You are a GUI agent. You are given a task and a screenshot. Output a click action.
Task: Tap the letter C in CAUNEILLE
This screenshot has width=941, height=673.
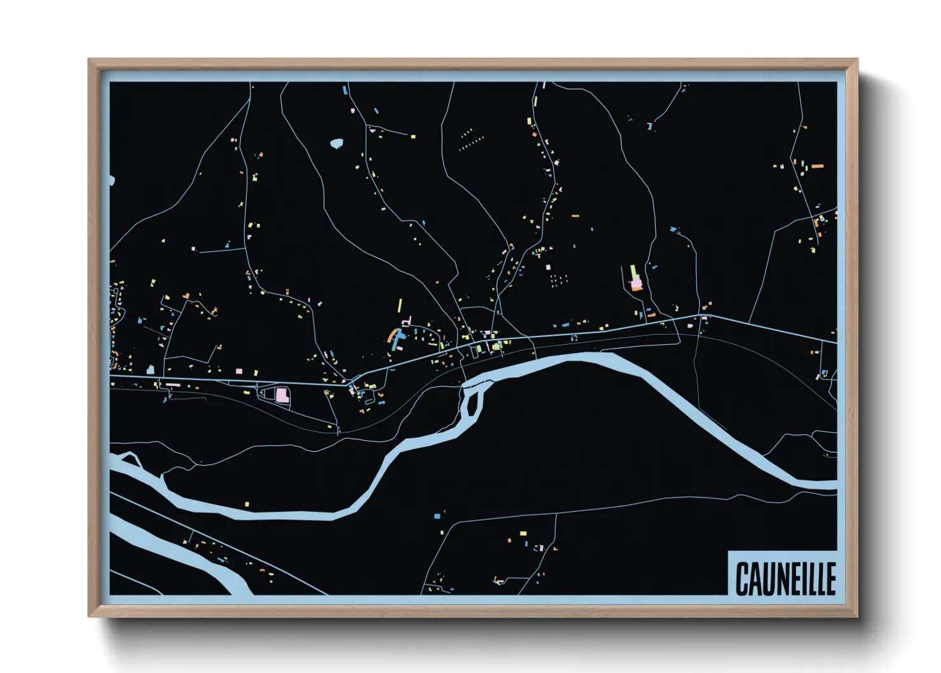pos(742,579)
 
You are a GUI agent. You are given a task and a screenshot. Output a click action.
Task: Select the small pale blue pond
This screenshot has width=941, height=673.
pos(336,144)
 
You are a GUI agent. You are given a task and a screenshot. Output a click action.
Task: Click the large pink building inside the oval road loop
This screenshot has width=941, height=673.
pos(282,395)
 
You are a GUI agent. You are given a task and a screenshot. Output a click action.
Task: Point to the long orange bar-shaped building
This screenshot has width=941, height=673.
pos(817,166)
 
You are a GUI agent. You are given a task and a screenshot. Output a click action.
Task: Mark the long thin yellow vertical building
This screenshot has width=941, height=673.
pos(400,305)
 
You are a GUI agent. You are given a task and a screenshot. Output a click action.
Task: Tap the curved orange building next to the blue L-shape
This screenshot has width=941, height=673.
pos(392,335)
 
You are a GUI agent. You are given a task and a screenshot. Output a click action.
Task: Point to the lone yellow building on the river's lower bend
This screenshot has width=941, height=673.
pos(247,504)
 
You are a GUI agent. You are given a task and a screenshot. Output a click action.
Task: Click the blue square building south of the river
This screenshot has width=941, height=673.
pos(437,516)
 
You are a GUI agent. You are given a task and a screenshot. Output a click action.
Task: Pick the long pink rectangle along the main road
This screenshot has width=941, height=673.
pos(173,385)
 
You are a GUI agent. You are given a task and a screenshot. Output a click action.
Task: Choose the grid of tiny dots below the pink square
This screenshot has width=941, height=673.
pos(558,280)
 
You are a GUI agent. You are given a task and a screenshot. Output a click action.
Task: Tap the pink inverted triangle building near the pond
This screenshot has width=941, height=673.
pos(373,130)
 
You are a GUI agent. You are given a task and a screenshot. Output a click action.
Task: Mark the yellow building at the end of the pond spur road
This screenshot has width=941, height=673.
pos(413,136)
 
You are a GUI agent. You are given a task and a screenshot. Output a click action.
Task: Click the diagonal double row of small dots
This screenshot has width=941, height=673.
pos(471,142)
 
